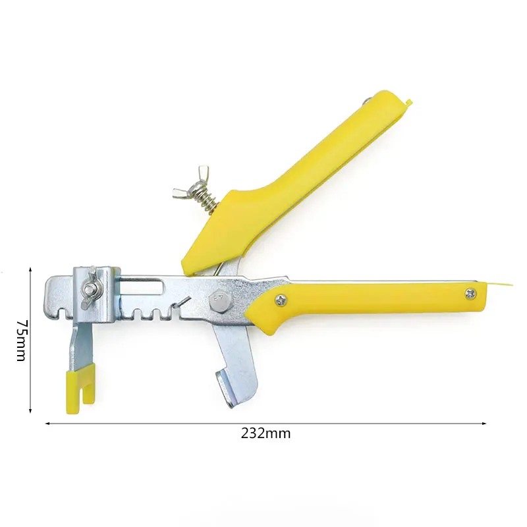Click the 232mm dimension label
point(265,433)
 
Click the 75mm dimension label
point(21,340)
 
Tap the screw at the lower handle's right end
point(470,294)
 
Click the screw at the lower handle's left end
point(281,300)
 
